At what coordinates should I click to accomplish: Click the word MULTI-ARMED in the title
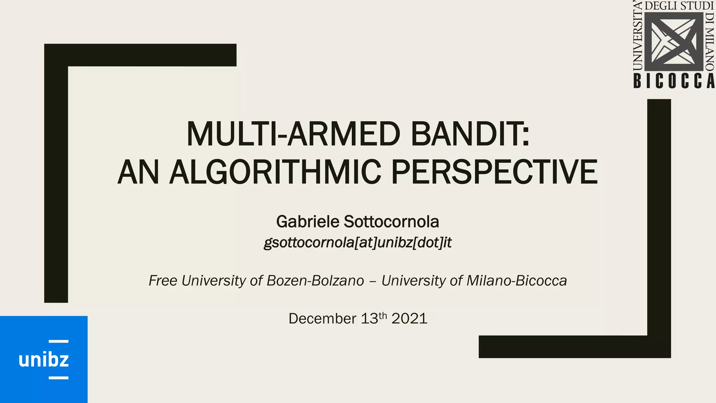click(x=293, y=134)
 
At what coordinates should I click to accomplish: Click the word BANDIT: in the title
click(x=470, y=134)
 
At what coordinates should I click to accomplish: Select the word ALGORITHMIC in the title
click(x=275, y=172)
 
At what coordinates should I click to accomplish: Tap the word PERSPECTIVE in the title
click(x=494, y=172)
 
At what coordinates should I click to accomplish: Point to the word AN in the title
click(x=138, y=172)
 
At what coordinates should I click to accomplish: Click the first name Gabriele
click(x=308, y=222)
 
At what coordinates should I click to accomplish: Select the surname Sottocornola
click(x=391, y=222)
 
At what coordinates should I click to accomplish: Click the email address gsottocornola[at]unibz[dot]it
click(x=358, y=242)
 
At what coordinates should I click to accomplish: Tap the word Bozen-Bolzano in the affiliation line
click(x=315, y=281)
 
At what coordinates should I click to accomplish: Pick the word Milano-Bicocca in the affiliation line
click(x=516, y=281)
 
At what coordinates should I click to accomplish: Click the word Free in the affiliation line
click(x=163, y=281)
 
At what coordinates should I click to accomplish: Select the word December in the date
click(x=322, y=319)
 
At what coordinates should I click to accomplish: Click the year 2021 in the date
click(x=409, y=319)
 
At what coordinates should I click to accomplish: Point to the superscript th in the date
click(x=383, y=315)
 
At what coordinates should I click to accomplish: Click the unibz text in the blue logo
click(x=44, y=360)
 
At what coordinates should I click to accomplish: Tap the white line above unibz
click(x=58, y=341)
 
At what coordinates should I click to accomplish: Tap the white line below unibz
click(x=58, y=378)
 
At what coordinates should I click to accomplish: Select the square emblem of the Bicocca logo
click(x=674, y=42)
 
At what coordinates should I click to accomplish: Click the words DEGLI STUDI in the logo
click(x=679, y=6)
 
